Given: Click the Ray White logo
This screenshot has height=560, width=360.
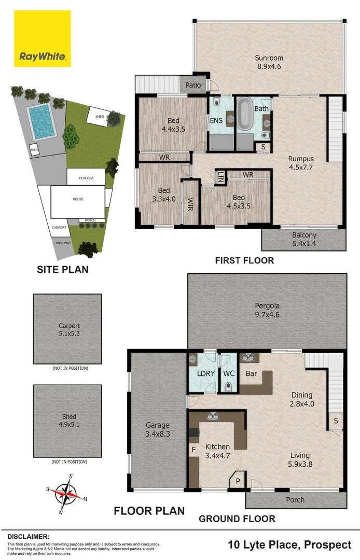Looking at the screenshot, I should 43,38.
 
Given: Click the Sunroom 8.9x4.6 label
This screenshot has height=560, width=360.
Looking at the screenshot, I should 269,62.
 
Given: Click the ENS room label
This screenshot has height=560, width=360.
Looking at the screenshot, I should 217,121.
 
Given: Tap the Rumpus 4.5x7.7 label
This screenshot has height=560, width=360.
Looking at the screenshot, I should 301,163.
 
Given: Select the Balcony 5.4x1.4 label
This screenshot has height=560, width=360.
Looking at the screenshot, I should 303,239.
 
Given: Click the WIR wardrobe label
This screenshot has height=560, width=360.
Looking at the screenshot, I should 191,202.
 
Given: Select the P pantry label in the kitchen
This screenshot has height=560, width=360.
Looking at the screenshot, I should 237,481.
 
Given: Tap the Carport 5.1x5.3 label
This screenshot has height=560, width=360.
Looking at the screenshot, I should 69,330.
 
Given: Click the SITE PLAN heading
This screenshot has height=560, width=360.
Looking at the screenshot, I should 62,269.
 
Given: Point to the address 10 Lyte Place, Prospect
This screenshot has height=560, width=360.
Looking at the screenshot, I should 289,544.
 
